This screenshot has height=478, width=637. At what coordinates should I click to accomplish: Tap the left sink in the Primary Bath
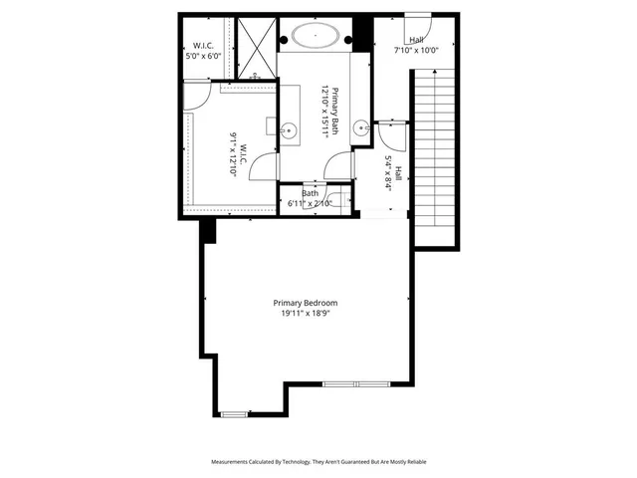coord(288,128)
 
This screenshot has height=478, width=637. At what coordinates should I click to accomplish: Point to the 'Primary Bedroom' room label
coord(306,303)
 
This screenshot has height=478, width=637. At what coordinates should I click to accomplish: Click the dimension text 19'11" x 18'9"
coord(306,314)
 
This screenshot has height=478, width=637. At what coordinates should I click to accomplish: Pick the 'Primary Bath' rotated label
coord(335,112)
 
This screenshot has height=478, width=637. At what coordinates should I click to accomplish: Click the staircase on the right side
coord(434,159)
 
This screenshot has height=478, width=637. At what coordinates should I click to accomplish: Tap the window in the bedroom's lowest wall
coord(236,413)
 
